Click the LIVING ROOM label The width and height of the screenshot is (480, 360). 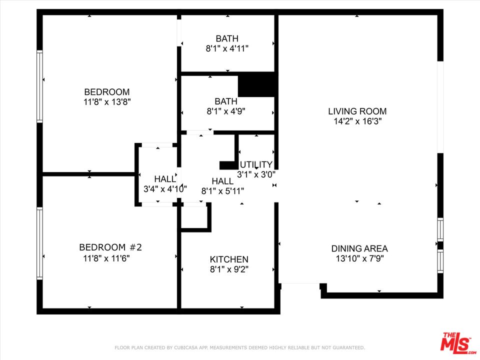click(x=357, y=111)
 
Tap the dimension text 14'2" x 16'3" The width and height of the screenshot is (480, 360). click(x=357, y=121)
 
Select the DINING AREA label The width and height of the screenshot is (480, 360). click(x=359, y=248)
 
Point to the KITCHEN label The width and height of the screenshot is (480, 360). click(x=228, y=259)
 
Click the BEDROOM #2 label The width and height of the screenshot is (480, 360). click(x=110, y=247)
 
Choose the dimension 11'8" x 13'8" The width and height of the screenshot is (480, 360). click(x=106, y=101)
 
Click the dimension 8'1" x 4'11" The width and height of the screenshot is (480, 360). click(x=227, y=48)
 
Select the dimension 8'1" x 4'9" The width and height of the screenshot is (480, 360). click(x=226, y=111)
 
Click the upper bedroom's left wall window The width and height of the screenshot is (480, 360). click(x=39, y=86)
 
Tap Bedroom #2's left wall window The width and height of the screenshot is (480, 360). click(x=39, y=243)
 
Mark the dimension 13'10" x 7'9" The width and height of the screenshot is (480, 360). click(x=359, y=258)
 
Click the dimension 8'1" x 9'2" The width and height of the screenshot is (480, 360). click(x=228, y=269)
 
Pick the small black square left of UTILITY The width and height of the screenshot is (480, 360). click(x=228, y=165)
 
